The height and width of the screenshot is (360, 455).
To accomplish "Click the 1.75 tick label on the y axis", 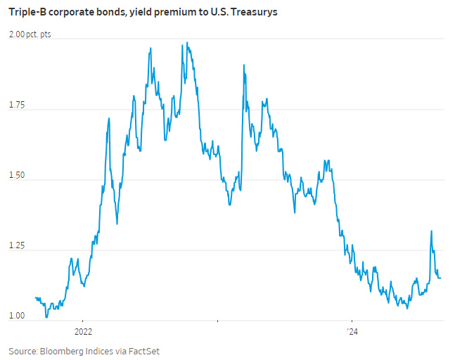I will click(x=18, y=105).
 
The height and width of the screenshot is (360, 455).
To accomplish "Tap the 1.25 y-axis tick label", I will click(x=18, y=247).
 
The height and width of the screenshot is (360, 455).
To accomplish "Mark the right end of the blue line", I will click(x=441, y=278).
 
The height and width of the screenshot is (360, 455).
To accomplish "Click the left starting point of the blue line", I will click(x=35, y=297).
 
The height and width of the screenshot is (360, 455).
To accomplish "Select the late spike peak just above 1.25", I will click(x=431, y=231).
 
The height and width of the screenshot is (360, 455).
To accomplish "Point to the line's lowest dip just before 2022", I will click(x=46, y=317).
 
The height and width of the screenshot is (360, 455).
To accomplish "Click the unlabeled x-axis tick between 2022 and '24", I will click(x=218, y=323).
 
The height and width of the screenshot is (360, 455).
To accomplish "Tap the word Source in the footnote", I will click(x=23, y=350).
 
